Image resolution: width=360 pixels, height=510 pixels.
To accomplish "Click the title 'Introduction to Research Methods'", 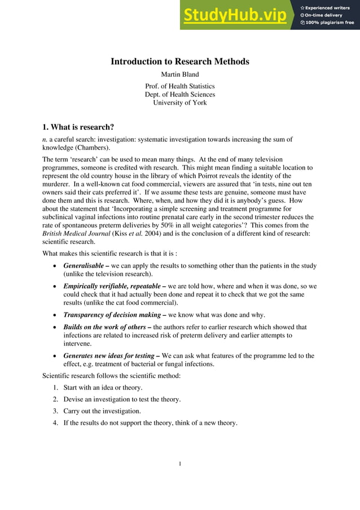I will tap(179, 62).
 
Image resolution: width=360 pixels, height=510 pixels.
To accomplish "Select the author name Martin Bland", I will tap(179, 74).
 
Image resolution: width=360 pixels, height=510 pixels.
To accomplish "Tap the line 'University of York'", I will tap(180, 103).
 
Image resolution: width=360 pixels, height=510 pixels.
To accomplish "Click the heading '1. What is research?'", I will tap(78, 127).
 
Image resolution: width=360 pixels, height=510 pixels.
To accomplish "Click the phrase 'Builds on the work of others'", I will tap(104, 327).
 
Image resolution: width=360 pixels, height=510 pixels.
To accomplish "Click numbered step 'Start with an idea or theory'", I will tap(103, 387).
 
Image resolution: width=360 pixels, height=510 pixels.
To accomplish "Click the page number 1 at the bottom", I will tap(179, 464).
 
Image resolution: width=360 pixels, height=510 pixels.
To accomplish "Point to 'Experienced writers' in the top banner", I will tap(329, 7).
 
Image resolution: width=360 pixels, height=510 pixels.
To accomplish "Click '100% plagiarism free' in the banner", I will tap(330, 23).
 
